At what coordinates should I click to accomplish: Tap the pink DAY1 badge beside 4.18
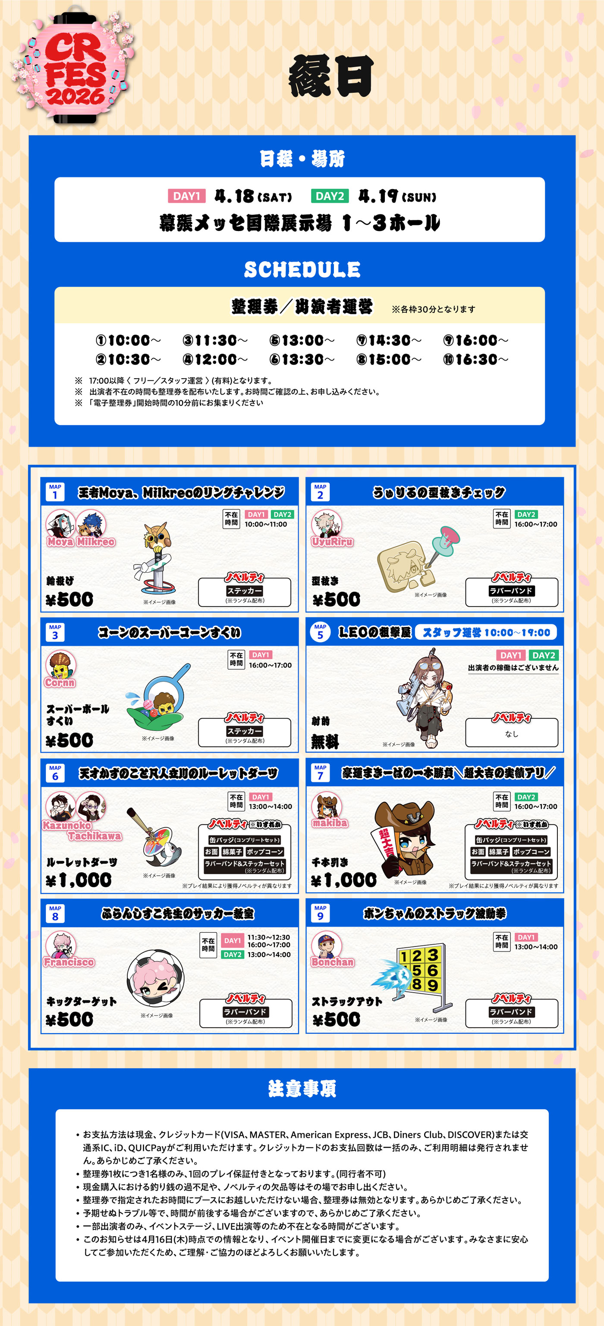[x=186, y=196]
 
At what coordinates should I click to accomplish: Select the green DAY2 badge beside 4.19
[x=330, y=196]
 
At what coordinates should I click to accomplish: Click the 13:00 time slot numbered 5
[x=302, y=340]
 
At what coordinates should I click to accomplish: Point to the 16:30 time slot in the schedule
[x=476, y=359]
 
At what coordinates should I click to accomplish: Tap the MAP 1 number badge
[x=55, y=492]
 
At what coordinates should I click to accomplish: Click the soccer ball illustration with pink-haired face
[x=155, y=978]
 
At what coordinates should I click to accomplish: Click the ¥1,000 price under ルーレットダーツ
[x=79, y=880]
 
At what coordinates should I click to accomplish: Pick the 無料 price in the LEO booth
[x=325, y=741]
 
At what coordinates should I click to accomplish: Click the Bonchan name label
[x=332, y=962]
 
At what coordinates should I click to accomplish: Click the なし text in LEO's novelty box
[x=511, y=734]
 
